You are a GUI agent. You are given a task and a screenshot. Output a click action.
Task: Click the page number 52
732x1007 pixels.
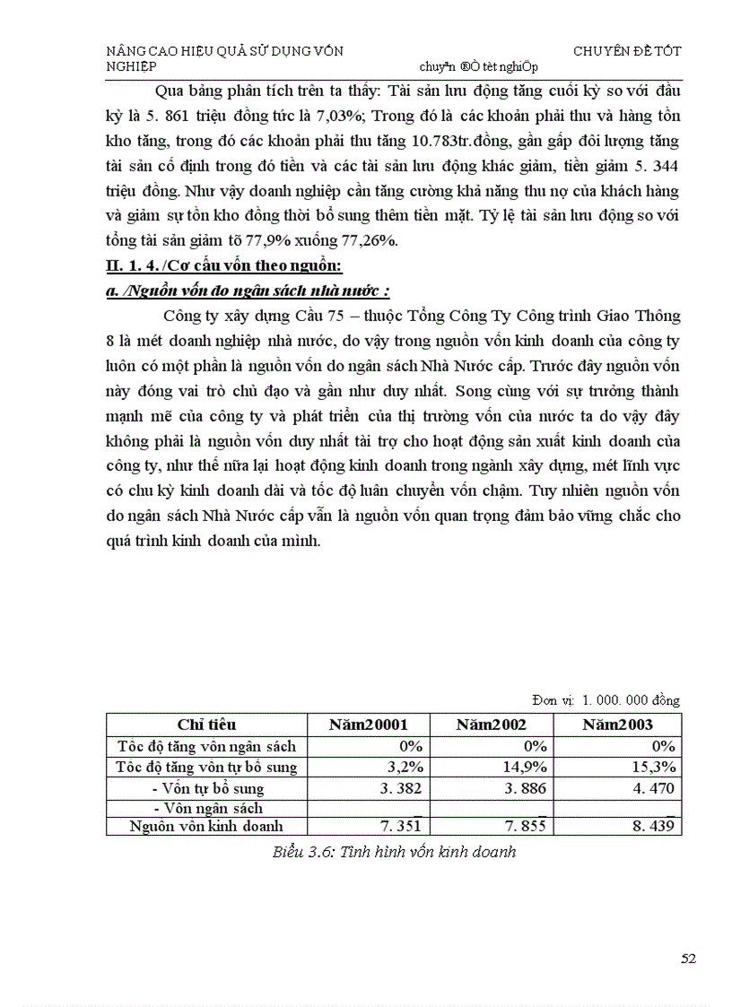(x=689, y=959)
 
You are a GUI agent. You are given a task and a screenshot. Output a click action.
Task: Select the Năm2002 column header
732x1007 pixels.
(x=491, y=725)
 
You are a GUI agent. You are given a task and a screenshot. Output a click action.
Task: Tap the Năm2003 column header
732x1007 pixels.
(x=617, y=725)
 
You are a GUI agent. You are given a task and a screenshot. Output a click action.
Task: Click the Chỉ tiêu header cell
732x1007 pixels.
(x=206, y=725)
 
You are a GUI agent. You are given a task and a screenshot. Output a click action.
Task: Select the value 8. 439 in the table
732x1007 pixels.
(x=653, y=826)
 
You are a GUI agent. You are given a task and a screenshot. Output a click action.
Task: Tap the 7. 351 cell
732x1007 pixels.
(x=400, y=826)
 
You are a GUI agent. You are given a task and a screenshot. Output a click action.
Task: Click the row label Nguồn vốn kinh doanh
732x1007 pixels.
(x=206, y=826)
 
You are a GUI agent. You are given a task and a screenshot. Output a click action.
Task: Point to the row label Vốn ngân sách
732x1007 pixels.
(x=207, y=808)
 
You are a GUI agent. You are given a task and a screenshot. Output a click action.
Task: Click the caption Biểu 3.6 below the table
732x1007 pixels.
(x=394, y=852)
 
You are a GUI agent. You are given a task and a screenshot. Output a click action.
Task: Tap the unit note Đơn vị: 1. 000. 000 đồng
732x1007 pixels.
(x=607, y=700)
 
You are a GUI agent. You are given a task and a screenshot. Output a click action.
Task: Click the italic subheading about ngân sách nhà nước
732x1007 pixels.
(x=247, y=291)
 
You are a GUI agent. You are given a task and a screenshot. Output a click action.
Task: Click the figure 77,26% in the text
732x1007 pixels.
(x=373, y=241)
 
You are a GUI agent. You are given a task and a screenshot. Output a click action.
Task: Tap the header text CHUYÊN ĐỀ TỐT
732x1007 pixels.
(x=627, y=51)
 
